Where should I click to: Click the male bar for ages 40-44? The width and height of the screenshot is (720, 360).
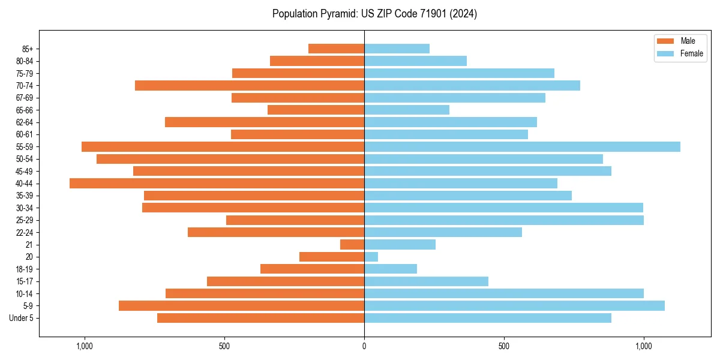tap(217, 183)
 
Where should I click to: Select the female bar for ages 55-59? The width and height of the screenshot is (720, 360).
tap(522, 146)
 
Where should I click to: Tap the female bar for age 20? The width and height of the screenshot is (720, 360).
tap(371, 257)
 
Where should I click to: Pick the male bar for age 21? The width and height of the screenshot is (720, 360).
tap(352, 244)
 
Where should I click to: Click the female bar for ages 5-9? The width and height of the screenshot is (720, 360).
tap(514, 305)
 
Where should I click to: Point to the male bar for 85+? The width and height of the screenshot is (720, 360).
tap(336, 49)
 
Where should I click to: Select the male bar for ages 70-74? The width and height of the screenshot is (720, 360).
tap(250, 85)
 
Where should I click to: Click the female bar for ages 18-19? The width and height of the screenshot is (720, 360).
tap(391, 269)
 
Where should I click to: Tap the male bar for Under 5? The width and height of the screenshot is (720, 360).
tap(260, 318)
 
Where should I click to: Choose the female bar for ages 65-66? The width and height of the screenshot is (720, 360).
tap(407, 110)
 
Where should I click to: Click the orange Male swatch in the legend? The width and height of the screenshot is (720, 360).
tap(665, 41)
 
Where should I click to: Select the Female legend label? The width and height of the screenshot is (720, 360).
tap(691, 53)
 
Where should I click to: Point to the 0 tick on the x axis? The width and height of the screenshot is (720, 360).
tap(364, 346)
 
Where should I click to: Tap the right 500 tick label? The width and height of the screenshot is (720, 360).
tap(504, 346)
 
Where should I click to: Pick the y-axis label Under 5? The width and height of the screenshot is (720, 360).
tap(22, 318)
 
